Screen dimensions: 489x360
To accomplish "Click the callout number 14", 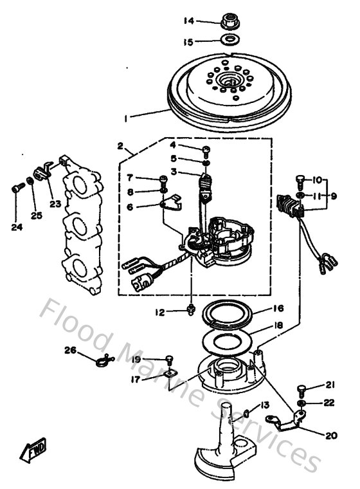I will pyautogui.click(x=188, y=21).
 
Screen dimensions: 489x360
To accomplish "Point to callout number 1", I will pyautogui.click(x=127, y=118).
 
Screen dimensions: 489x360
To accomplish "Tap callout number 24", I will pyautogui.click(x=16, y=226).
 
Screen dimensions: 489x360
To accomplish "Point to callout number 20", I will pyautogui.click(x=331, y=436).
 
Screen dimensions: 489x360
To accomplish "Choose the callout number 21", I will pyautogui.click(x=330, y=385).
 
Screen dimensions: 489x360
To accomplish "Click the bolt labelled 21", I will pyautogui.click(x=302, y=389).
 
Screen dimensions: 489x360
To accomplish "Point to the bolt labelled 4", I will pyautogui.click(x=206, y=151).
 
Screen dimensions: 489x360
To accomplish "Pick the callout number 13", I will pyautogui.click(x=264, y=405).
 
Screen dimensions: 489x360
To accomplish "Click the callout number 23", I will pyautogui.click(x=55, y=205).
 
